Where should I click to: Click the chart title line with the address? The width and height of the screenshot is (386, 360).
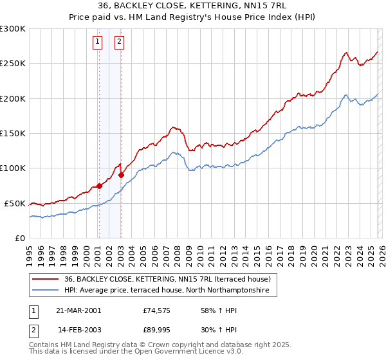tap(193, 6)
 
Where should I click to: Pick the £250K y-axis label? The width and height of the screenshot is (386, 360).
tap(13, 64)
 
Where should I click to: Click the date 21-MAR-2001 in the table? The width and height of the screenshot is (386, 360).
tap(79, 310)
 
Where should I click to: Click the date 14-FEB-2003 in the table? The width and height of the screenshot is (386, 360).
tap(79, 329)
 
